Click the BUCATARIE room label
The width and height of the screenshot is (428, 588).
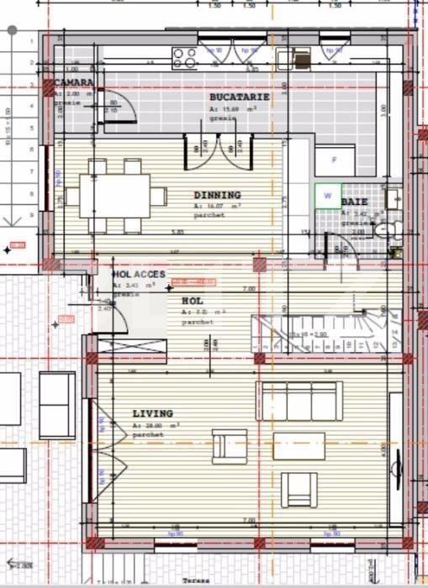pyautogui.click(x=239, y=97)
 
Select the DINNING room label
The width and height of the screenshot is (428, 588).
pyautogui.click(x=217, y=195)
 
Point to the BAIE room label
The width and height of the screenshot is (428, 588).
pyautogui.click(x=354, y=202)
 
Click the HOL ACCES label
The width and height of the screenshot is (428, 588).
pyautogui.click(x=139, y=275)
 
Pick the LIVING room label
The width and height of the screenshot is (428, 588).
pyautogui.click(x=152, y=413)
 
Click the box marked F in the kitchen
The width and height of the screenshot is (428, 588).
pyautogui.click(x=334, y=160)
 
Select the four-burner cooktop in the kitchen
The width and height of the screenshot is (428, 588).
pyautogui.click(x=183, y=57)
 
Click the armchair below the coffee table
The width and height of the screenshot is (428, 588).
pyautogui.click(x=299, y=489)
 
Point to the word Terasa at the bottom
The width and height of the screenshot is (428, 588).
pyautogui.click(x=218, y=581)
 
